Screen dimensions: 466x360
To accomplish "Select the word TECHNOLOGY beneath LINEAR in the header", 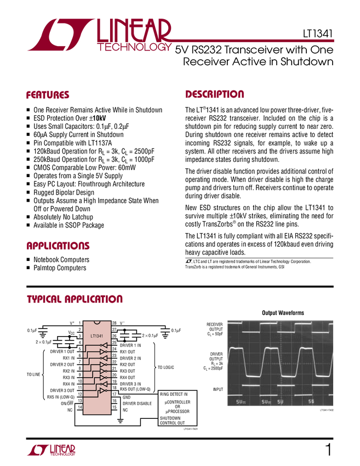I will (x=134, y=48).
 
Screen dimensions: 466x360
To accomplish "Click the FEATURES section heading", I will (x=48, y=95).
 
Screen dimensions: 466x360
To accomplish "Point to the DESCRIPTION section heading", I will (x=215, y=94).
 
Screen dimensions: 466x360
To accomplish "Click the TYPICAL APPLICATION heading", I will (x=75, y=299).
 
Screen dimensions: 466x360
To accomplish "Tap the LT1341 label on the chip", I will (x=96, y=334).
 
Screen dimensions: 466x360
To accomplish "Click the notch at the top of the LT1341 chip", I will (x=96, y=322).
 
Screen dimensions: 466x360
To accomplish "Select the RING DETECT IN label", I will (x=174, y=394).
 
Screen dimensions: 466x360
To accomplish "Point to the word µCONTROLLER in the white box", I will (x=178, y=402).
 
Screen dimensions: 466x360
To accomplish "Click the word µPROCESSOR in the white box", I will (x=178, y=411).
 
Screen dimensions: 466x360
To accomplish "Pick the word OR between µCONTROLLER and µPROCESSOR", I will (x=178, y=406).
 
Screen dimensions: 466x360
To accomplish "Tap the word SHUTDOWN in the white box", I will (x=170, y=418).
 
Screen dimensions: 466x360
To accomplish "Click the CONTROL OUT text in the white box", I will (x=172, y=423).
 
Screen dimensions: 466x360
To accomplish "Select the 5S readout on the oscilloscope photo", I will (x=311, y=402).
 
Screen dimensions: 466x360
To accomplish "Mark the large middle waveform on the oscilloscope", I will (x=280, y=362).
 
